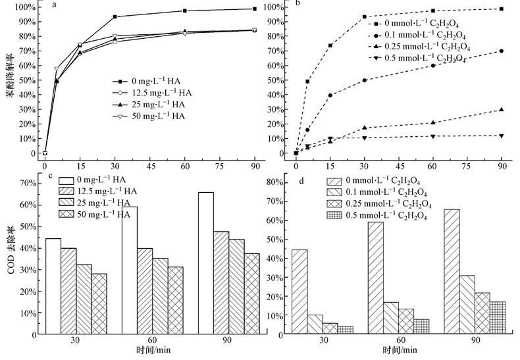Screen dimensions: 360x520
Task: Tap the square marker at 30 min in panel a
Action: click(x=115, y=16)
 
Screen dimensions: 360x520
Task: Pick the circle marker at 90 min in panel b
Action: click(x=502, y=51)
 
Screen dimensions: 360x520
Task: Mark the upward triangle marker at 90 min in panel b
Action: click(x=502, y=109)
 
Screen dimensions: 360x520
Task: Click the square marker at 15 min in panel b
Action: click(x=330, y=45)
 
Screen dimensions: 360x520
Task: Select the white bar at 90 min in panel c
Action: click(x=206, y=264)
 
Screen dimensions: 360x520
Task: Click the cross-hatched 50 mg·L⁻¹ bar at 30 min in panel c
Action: click(x=99, y=304)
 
